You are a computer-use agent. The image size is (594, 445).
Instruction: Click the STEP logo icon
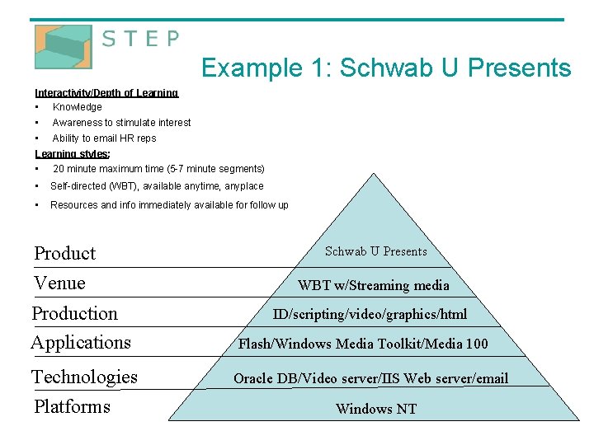tap(63, 47)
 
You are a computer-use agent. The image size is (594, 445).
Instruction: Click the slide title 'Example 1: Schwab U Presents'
tap(385, 68)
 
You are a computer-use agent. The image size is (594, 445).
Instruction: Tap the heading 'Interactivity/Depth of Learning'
tap(106, 93)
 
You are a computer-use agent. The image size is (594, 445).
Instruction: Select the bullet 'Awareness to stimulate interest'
tap(121, 123)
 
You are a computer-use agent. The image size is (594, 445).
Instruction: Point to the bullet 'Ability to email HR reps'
tap(104, 138)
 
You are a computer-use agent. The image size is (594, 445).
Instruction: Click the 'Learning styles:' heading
tap(73, 154)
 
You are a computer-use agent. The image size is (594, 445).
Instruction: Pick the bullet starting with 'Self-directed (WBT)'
tap(157, 186)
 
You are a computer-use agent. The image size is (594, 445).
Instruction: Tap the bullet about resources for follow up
tap(169, 205)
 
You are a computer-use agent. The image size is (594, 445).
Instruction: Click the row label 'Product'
tap(65, 254)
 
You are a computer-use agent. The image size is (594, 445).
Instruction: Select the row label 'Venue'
tap(59, 283)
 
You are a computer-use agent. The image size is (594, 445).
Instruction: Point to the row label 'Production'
tap(75, 313)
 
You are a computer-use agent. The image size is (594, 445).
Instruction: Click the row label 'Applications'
tap(81, 342)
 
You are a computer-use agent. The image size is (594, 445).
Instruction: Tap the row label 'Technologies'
tap(84, 377)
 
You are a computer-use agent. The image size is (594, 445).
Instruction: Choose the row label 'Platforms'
tap(72, 406)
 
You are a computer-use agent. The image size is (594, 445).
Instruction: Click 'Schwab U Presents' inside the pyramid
tap(375, 251)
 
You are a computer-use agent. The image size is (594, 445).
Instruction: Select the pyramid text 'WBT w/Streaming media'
tap(374, 286)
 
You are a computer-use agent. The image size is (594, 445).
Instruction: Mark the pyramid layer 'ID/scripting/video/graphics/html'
tap(370, 314)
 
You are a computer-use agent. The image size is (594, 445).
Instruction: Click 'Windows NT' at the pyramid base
tap(375, 409)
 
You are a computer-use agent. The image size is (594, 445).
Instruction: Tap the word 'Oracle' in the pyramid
tap(254, 379)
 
